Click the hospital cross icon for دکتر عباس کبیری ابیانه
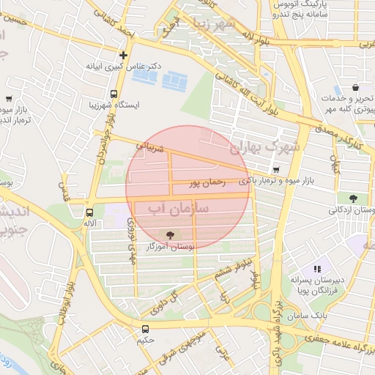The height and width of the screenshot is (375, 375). point(123,55)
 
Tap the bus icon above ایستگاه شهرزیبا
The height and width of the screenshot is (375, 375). point(114,94)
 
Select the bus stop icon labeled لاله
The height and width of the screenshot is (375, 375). point(89,211)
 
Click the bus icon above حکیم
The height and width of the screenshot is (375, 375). point(145,329)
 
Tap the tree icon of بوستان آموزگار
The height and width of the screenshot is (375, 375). point(171,235)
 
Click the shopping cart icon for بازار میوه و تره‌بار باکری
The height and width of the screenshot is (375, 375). point(275,171)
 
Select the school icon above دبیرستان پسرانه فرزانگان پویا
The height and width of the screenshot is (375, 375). point(318,269)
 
